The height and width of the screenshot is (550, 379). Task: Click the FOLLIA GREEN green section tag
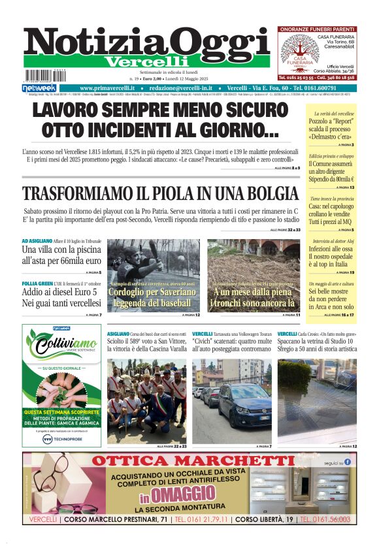(37, 283)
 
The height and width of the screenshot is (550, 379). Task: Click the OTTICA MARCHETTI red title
(193, 461)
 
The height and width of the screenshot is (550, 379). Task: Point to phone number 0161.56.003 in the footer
(327, 520)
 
